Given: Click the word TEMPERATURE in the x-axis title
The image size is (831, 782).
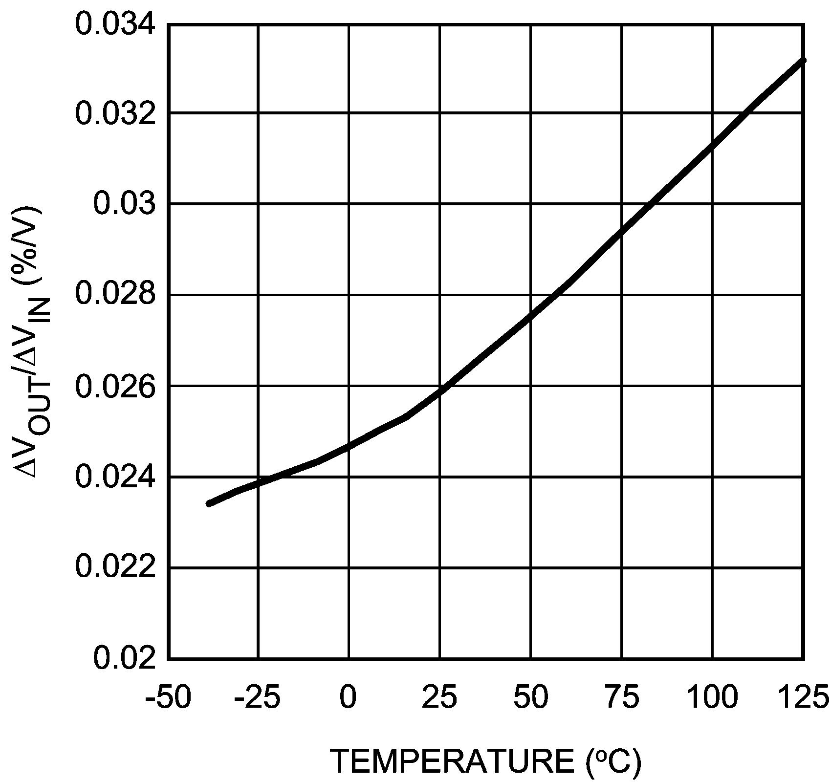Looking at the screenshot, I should coord(452,761).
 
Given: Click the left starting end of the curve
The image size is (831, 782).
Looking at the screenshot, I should coord(209,503).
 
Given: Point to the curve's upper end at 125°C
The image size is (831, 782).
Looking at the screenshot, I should coord(802,61).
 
